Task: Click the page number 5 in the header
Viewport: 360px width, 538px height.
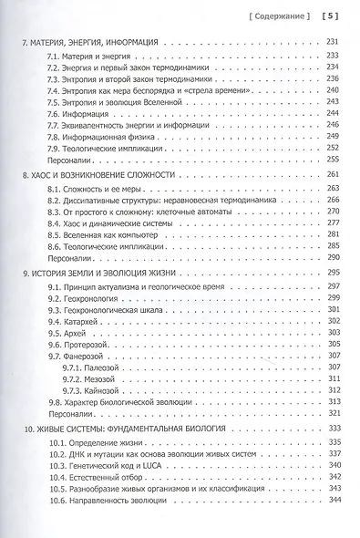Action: tap(333, 14)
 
